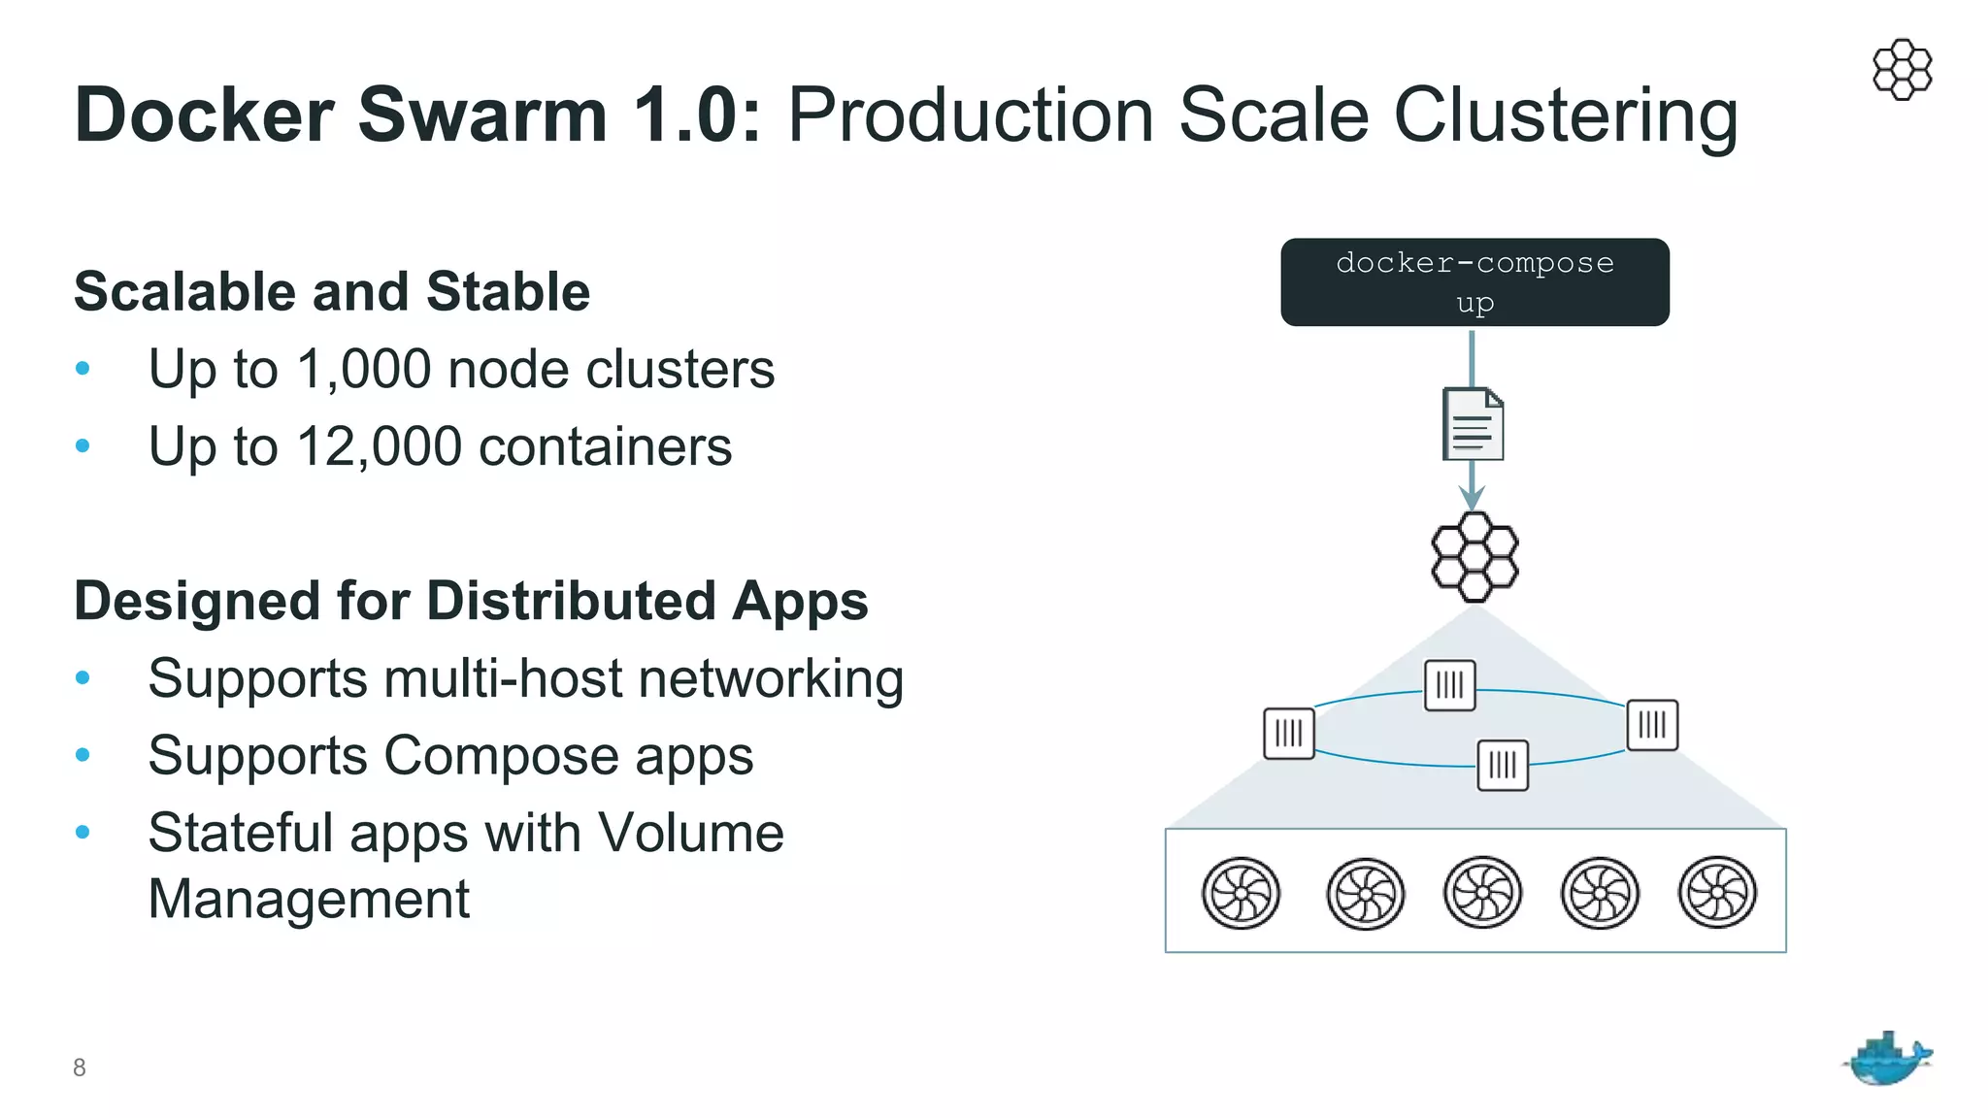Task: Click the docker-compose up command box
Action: (x=1474, y=281)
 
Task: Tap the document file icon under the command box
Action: (x=1473, y=424)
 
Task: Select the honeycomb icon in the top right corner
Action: (x=1902, y=69)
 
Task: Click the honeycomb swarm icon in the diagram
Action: (x=1474, y=557)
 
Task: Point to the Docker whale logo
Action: (x=1886, y=1059)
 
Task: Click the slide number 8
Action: (x=80, y=1068)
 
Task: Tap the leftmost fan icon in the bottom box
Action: (x=1241, y=893)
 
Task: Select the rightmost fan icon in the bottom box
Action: (x=1717, y=892)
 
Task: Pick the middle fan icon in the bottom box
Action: (x=1482, y=892)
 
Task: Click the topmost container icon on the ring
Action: (x=1449, y=685)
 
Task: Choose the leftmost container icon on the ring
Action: (x=1289, y=733)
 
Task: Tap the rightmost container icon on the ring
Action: (x=1652, y=724)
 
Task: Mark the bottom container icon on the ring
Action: (x=1503, y=765)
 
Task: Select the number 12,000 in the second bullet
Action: (x=380, y=447)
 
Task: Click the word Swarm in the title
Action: (x=482, y=115)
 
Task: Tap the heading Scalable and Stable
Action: (x=332, y=291)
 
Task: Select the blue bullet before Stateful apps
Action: (x=83, y=832)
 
